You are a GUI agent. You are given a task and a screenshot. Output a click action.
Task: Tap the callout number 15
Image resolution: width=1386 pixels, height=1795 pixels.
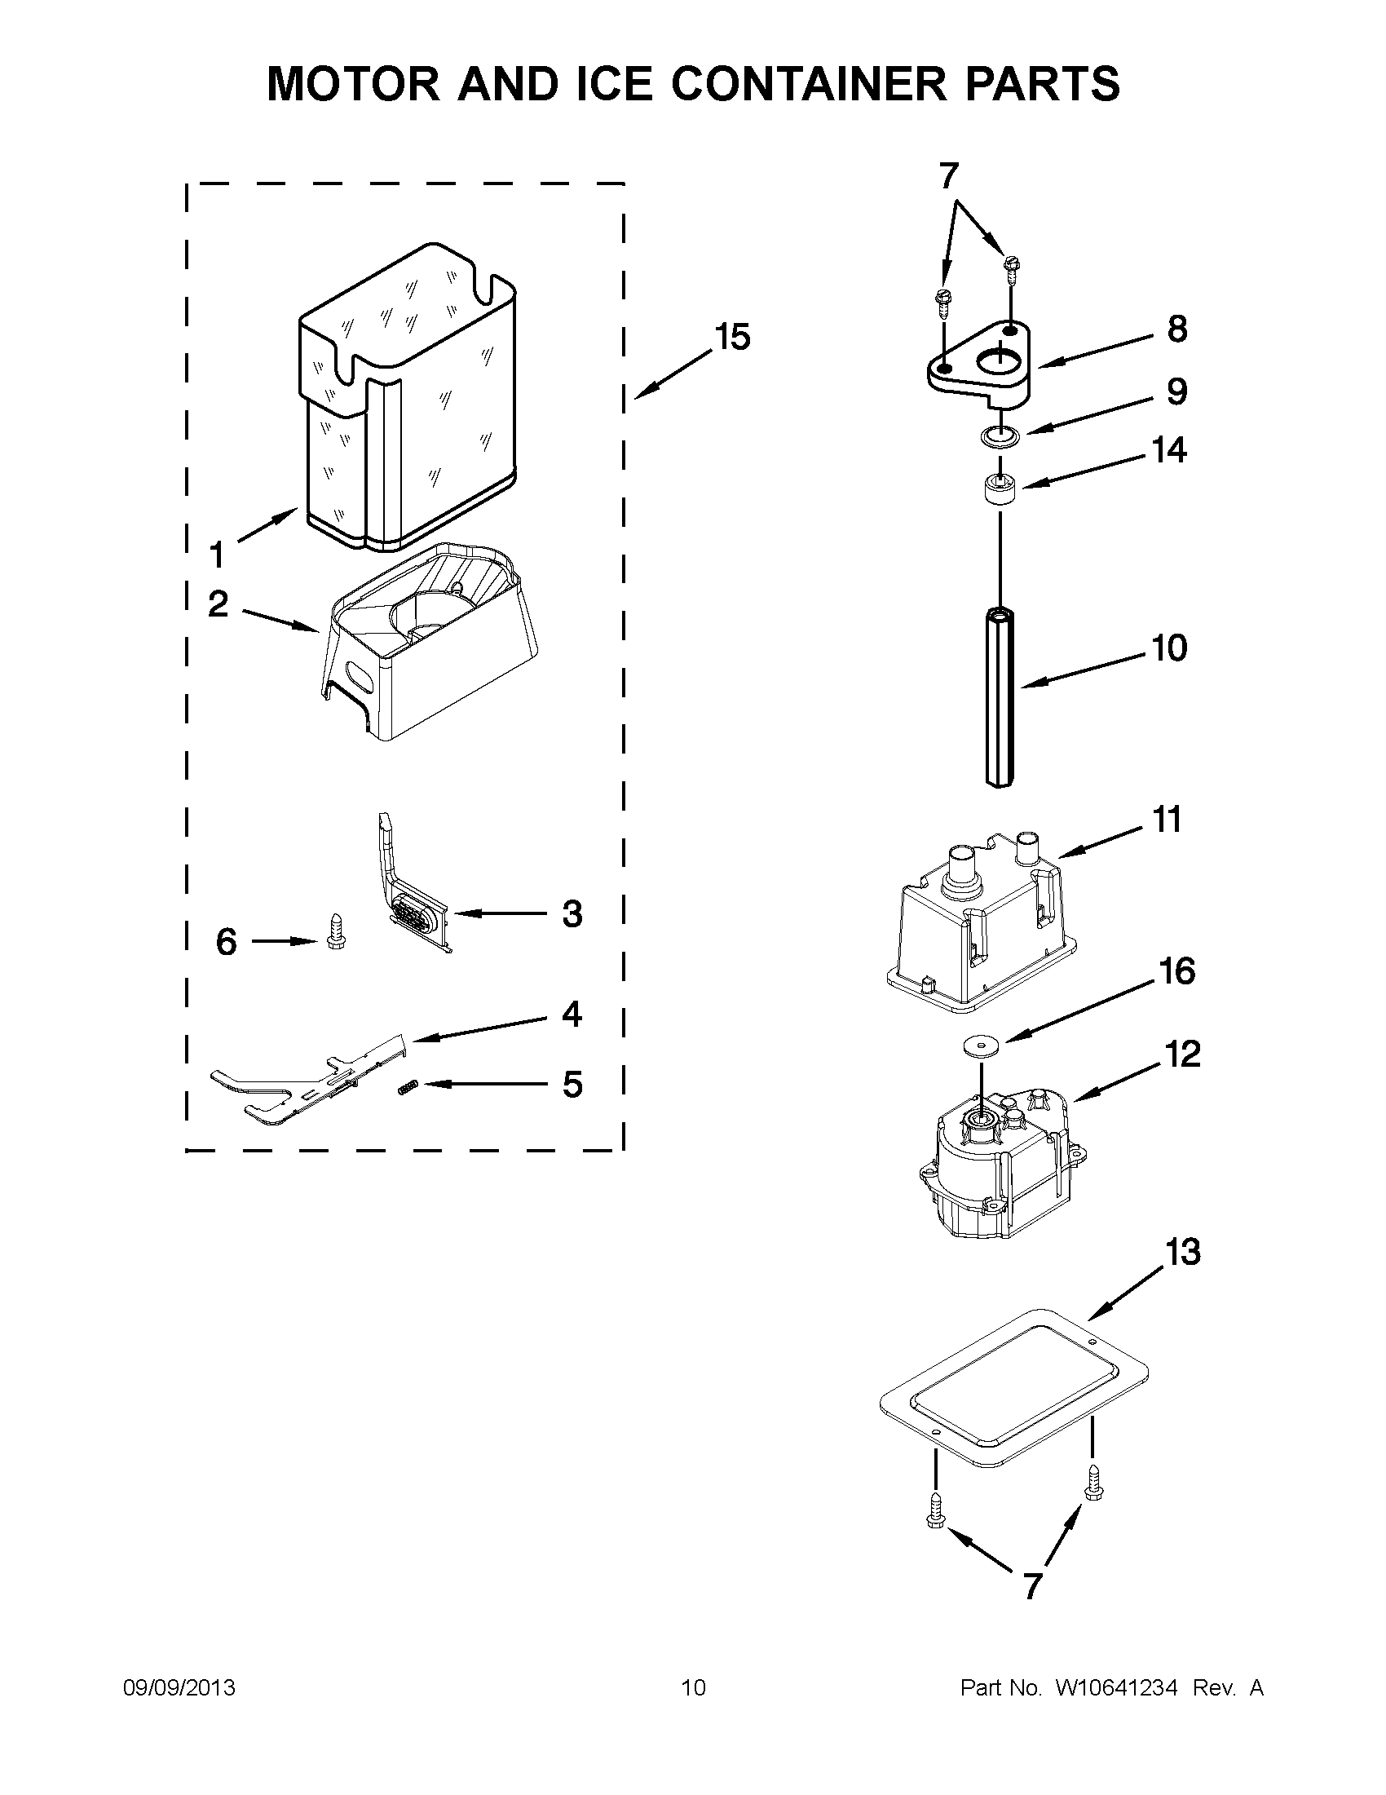[x=732, y=337]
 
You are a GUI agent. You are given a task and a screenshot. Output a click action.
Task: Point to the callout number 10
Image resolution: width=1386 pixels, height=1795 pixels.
[x=1168, y=648]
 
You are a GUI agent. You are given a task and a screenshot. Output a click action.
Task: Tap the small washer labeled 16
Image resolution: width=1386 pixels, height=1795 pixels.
[x=982, y=1044]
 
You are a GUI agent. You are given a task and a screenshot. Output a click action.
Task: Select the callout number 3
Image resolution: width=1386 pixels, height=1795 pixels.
[x=572, y=914]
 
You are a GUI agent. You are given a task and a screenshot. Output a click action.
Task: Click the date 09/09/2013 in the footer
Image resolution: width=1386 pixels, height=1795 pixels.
[x=179, y=1688]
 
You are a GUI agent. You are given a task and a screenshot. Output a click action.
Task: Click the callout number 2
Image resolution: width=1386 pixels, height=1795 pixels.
[x=218, y=604]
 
